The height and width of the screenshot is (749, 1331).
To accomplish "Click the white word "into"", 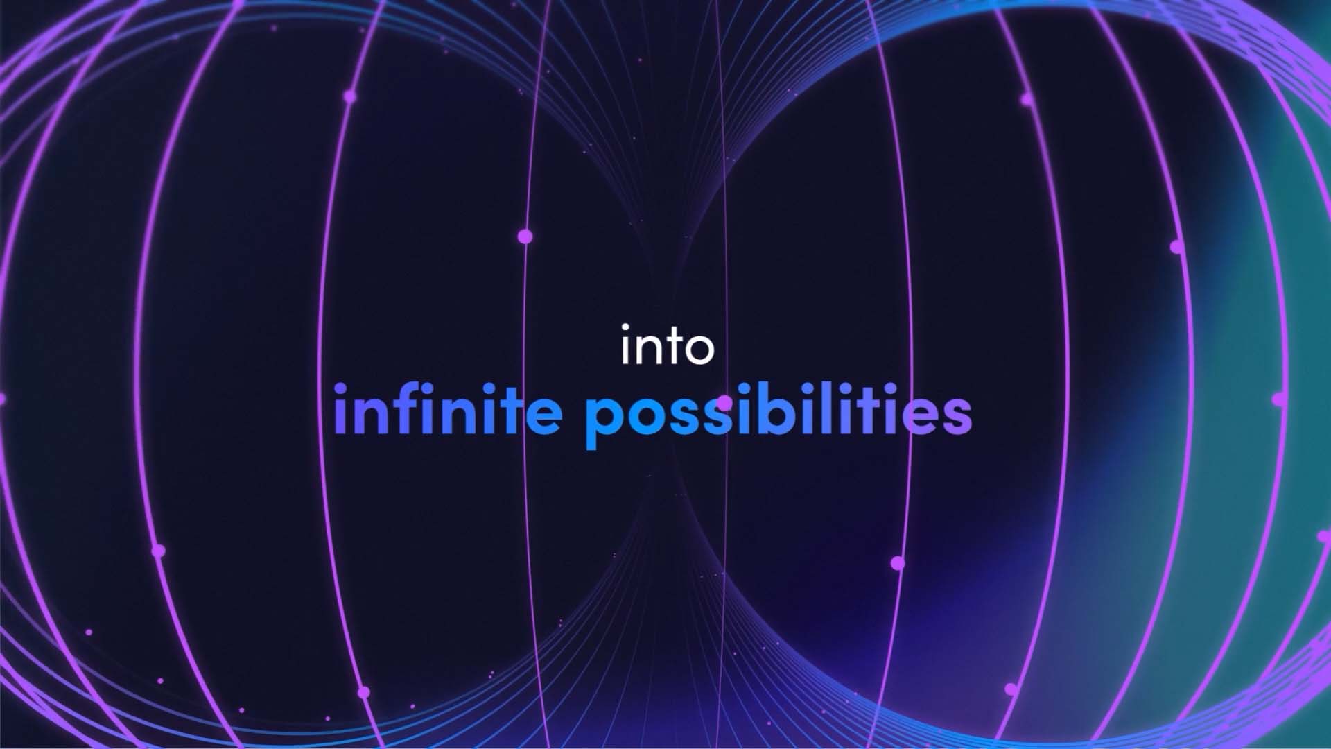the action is pyautogui.click(x=667, y=345).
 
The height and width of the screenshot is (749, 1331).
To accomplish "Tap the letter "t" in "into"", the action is pyautogui.click(x=663, y=347).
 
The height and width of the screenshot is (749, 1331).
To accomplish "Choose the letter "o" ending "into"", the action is pyautogui.click(x=696, y=350).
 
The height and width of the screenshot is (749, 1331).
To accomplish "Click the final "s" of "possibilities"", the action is pyautogui.click(x=955, y=415).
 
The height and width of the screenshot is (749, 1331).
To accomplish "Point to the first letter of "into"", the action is pyautogui.click(x=625, y=345).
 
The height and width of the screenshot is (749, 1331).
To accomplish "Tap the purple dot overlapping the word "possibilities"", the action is pyautogui.click(x=724, y=402).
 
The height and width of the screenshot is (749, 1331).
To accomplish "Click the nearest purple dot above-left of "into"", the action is pyautogui.click(x=525, y=236).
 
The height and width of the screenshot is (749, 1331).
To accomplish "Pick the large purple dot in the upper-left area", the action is pyautogui.click(x=350, y=96).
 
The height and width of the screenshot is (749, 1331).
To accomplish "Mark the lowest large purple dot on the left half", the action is pyautogui.click(x=364, y=692).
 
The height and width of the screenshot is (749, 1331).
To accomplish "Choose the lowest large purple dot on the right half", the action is pyautogui.click(x=1011, y=689).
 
